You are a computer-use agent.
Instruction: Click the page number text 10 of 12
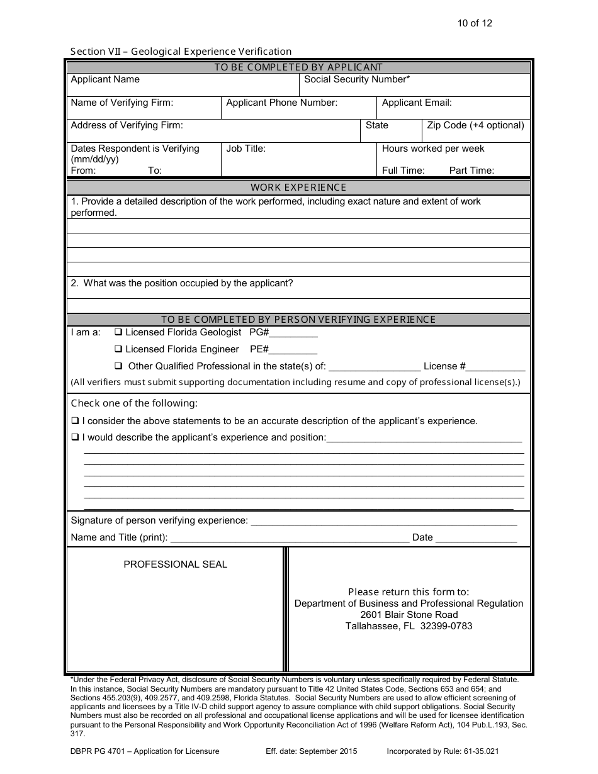475,23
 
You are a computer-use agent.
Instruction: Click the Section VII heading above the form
181,52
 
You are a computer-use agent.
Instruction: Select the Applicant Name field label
105,79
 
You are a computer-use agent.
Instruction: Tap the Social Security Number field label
357,79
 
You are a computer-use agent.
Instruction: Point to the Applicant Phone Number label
281,103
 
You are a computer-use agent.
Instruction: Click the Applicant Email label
417,103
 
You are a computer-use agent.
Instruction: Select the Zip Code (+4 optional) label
475,125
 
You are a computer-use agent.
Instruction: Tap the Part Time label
471,171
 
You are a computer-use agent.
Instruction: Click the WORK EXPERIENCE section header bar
298,187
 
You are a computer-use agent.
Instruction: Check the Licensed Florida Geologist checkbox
118,332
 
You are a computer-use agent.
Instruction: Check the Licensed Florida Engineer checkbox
118,349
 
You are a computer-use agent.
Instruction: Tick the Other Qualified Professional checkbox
118,366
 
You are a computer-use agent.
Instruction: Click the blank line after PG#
294,334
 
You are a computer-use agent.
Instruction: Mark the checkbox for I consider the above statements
75,421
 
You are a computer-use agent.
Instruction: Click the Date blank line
476,539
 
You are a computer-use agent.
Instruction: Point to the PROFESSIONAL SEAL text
175,564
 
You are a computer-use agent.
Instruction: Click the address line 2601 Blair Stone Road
409,615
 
